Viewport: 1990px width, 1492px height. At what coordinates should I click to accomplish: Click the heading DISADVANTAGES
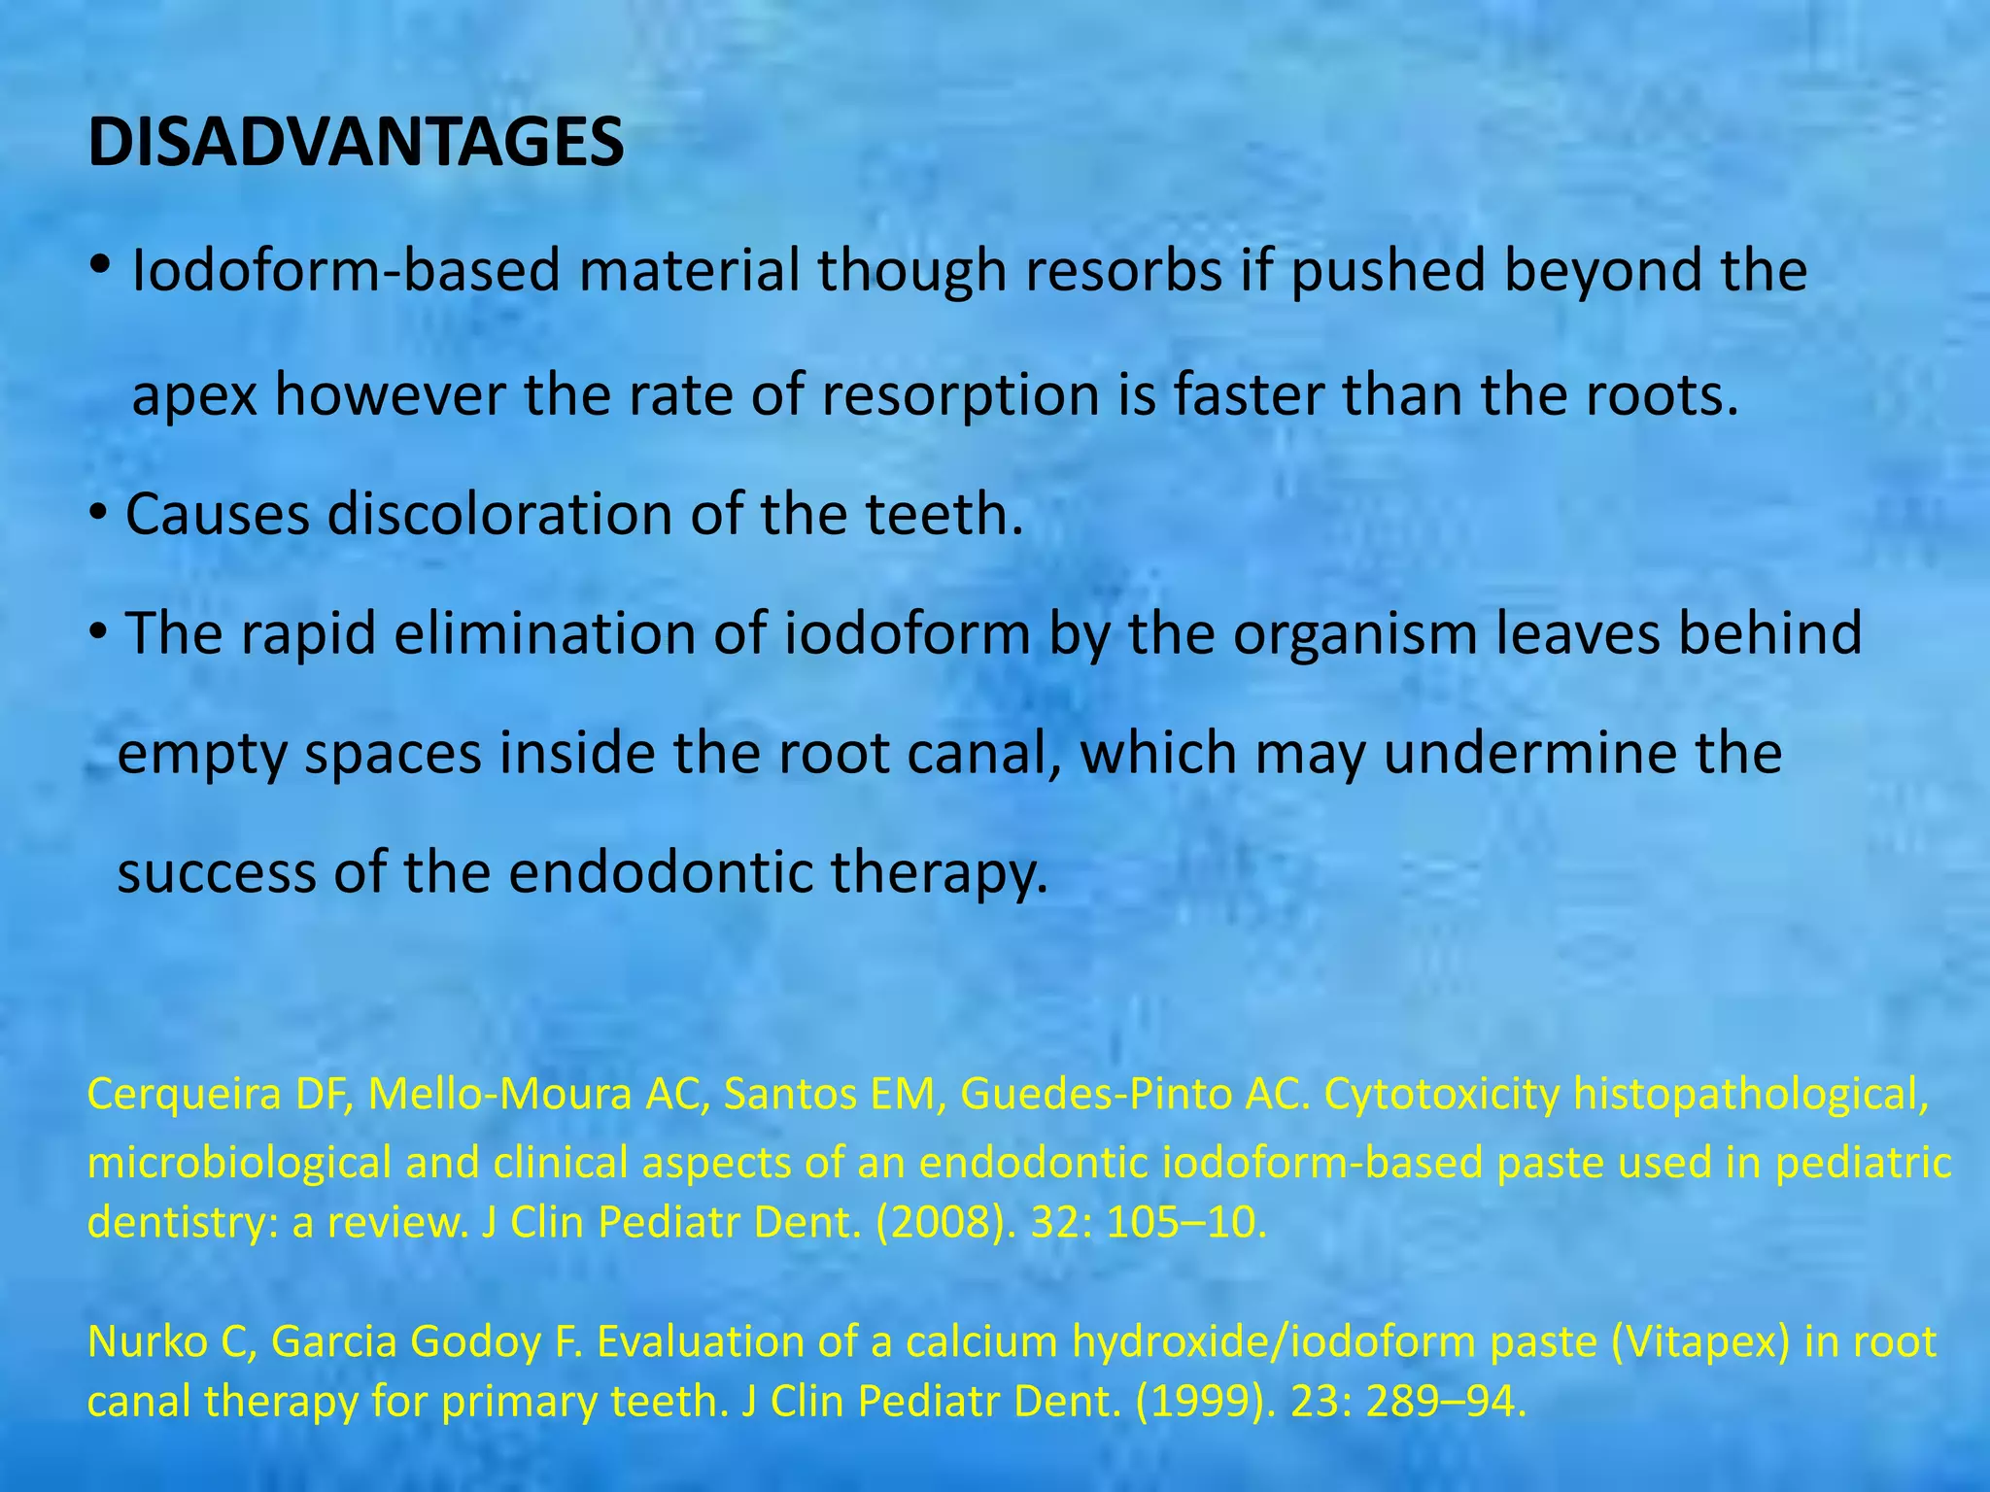[x=356, y=143]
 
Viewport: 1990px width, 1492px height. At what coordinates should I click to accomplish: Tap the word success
[x=217, y=872]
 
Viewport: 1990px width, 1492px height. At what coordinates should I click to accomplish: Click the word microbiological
[x=239, y=1163]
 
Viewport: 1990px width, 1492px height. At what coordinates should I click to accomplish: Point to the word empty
[x=202, y=756]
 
